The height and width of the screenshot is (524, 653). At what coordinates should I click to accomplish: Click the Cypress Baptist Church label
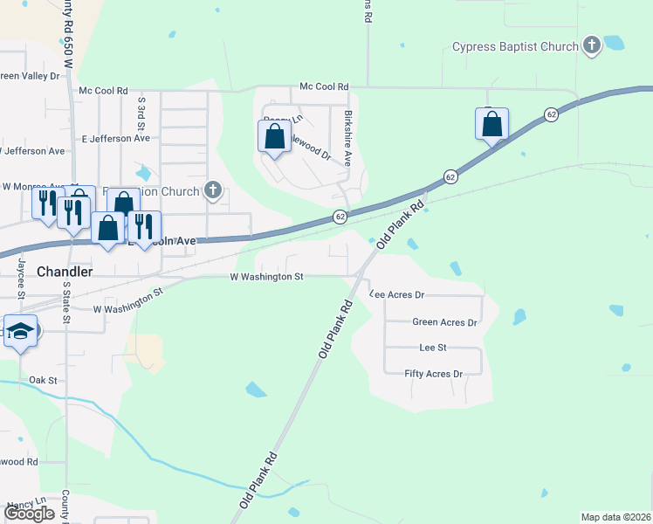(515, 46)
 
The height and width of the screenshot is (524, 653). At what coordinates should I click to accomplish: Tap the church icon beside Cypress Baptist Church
(592, 45)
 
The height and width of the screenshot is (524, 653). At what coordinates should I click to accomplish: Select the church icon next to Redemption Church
(212, 190)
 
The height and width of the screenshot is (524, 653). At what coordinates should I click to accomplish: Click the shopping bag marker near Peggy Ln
(275, 137)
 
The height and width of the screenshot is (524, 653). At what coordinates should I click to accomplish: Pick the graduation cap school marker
(20, 332)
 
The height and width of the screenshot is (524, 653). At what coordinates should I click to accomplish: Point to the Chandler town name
(65, 272)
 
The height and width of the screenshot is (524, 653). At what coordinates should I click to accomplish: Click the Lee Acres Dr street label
(397, 295)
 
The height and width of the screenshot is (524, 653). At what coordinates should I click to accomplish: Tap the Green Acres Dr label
(444, 322)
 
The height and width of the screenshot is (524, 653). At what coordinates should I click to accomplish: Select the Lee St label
(433, 348)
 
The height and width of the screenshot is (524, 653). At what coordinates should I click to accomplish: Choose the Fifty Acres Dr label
(433, 374)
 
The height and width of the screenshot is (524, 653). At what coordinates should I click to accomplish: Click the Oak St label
(42, 380)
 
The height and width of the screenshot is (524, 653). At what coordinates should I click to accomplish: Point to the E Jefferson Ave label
(115, 138)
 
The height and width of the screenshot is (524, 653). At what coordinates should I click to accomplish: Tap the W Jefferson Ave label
(32, 151)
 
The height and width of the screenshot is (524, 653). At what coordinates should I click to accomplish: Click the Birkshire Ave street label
(347, 138)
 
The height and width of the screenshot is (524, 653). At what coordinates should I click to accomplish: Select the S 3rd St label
(141, 110)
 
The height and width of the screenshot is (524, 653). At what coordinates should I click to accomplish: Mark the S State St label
(65, 301)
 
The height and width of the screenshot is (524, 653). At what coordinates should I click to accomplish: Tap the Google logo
(30, 514)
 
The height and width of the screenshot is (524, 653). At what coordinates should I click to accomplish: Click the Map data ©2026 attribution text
(615, 517)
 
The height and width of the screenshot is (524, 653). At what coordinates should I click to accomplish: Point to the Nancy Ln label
(25, 506)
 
